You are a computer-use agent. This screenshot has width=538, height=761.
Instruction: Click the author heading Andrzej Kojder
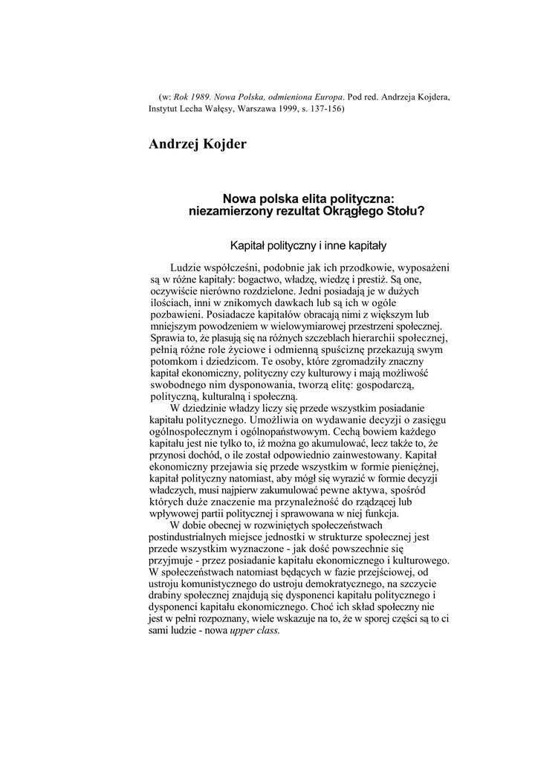click(198, 143)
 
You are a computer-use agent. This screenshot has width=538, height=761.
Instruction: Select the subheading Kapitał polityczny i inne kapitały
click(308, 245)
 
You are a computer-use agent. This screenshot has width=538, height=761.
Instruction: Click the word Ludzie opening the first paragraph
click(186, 268)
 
